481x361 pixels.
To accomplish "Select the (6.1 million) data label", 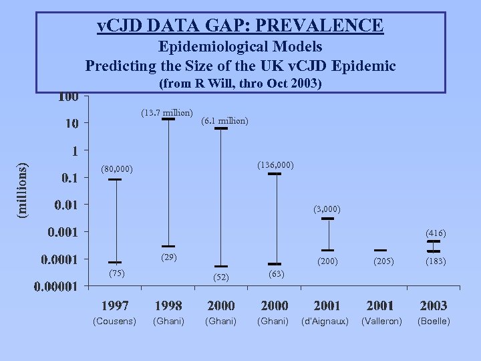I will (225, 120).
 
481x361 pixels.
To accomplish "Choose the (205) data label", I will (380, 261).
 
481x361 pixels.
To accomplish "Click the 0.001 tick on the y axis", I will (61, 232).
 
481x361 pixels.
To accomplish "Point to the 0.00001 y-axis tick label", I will (56, 286).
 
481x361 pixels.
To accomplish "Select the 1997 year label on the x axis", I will (115, 306).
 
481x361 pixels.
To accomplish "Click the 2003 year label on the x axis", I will (434, 306).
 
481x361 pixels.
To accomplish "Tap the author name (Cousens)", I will (115, 322).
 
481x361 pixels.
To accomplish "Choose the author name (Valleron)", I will (380, 322).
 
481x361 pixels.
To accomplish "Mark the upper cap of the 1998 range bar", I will (168, 120).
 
